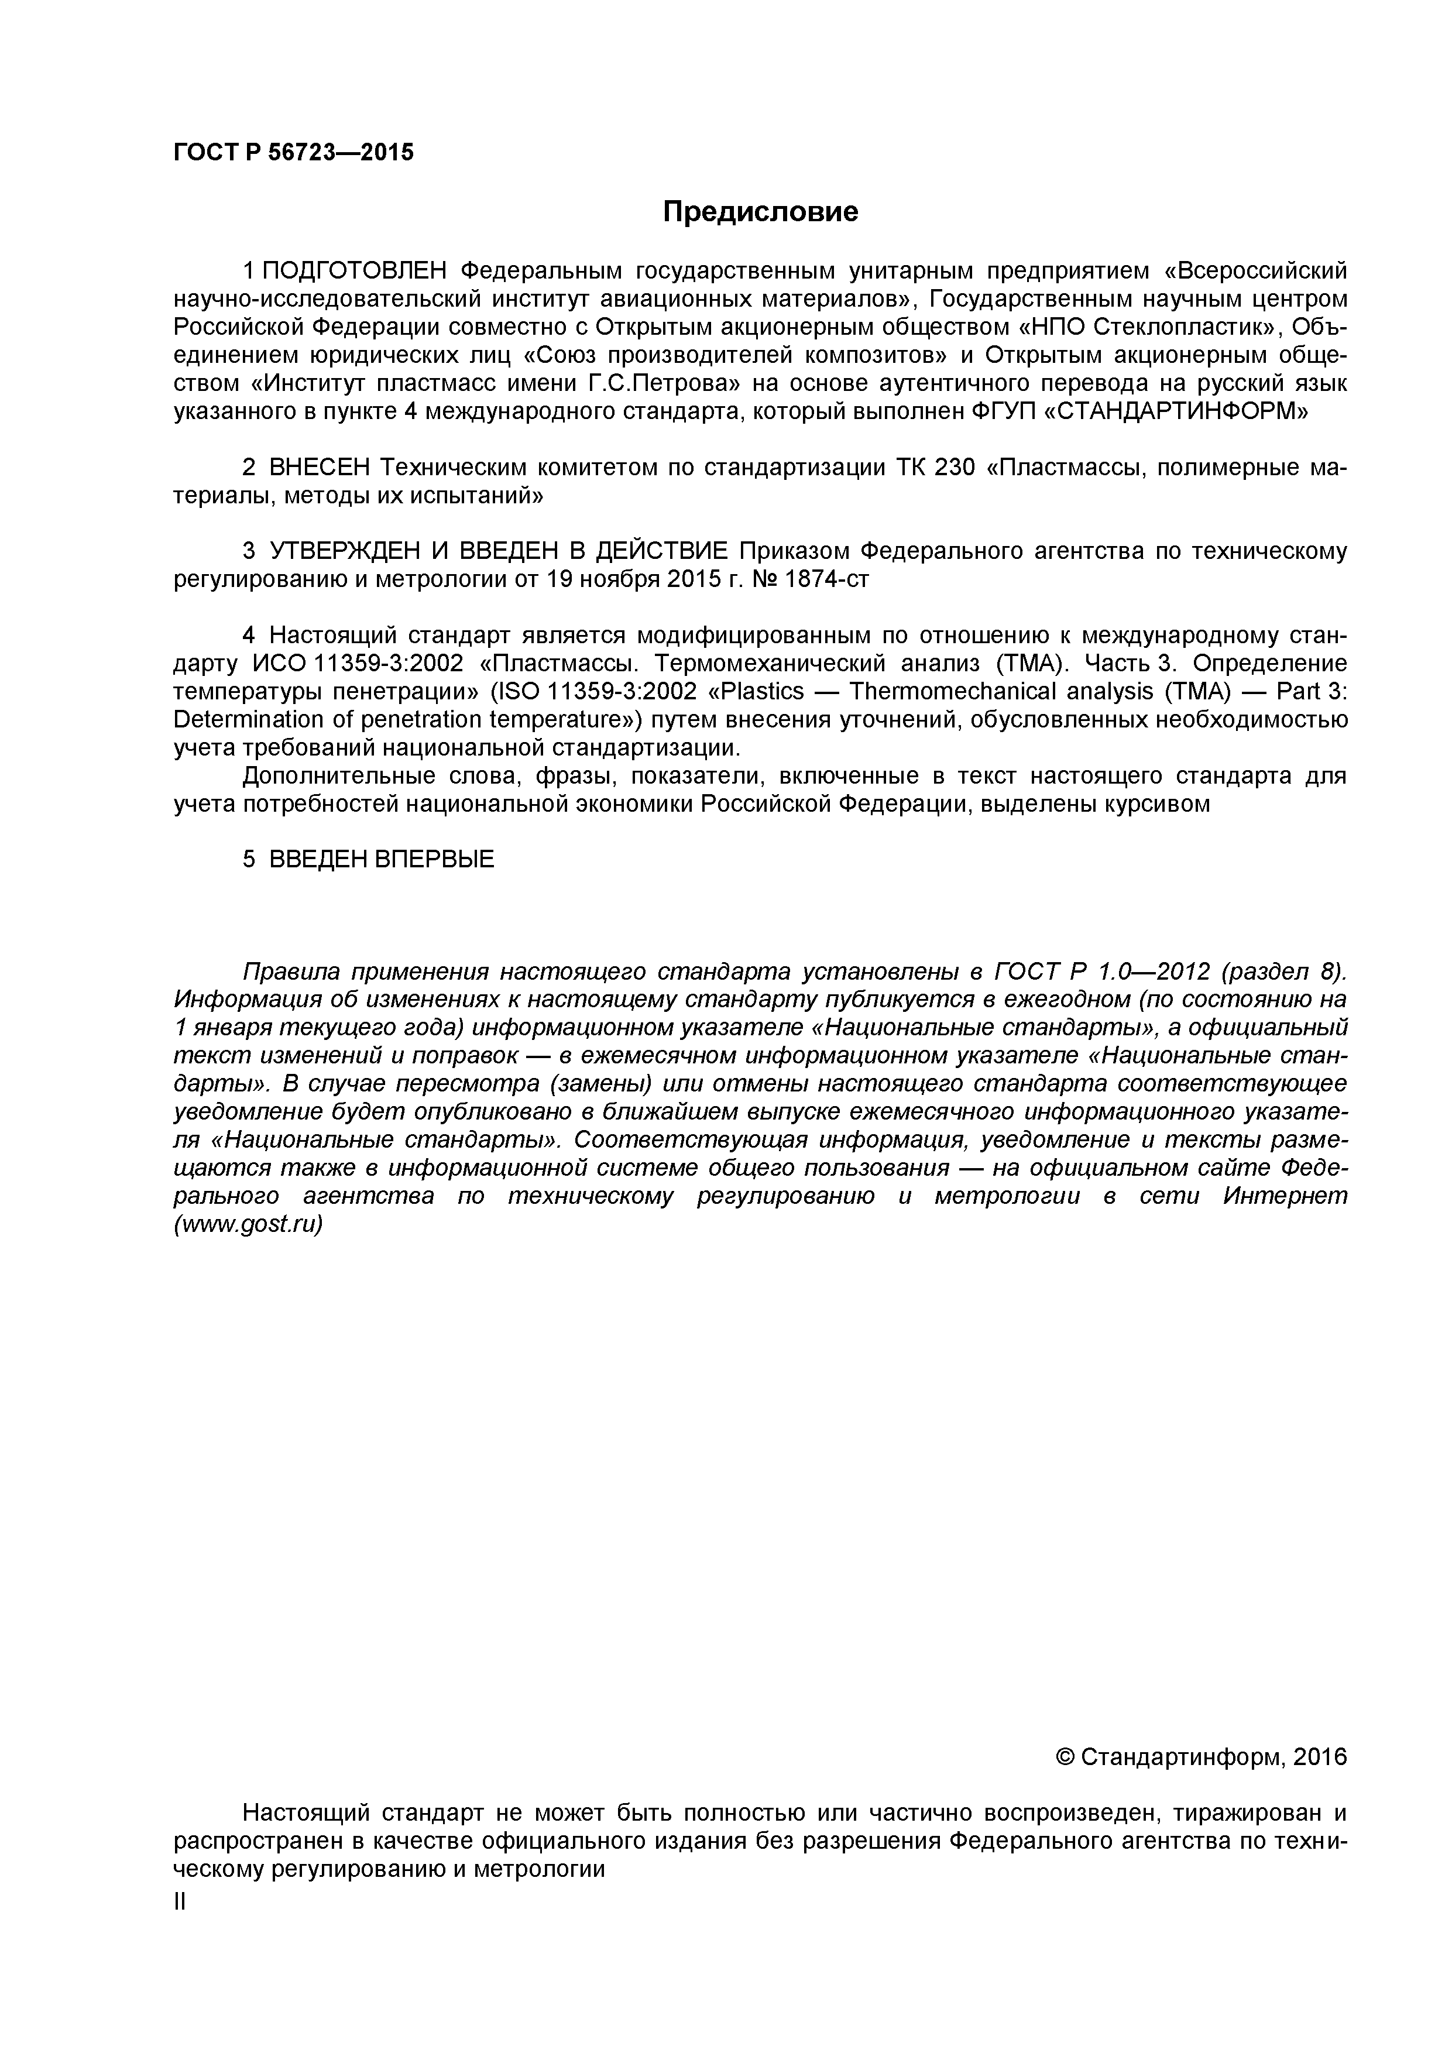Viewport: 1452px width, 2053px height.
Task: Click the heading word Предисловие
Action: tap(760, 212)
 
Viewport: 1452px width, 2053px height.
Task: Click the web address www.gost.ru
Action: tap(248, 1224)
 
